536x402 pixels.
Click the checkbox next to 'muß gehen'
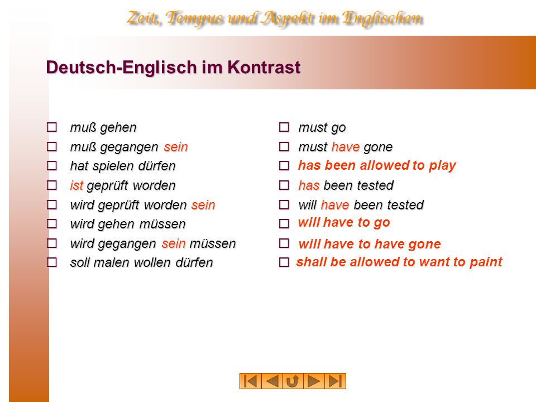pos(51,127)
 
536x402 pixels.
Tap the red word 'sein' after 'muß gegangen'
pos(176,147)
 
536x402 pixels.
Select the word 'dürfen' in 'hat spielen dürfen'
pos(156,166)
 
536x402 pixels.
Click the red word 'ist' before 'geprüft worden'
pos(76,185)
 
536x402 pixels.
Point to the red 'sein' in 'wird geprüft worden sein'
pos(203,205)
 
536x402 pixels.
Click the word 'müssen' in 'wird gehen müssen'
pos(162,224)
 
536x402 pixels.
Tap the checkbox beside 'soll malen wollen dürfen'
pos(51,262)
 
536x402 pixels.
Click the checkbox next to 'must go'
pos(284,127)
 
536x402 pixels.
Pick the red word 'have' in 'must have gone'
pos(345,147)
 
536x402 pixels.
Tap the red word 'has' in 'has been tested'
pos(309,185)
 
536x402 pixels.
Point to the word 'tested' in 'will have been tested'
pos(405,205)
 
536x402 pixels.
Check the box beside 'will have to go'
pos(284,223)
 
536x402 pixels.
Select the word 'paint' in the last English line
pos(486,262)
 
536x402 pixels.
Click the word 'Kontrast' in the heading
pos(264,67)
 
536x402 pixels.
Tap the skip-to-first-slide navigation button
pos(251,381)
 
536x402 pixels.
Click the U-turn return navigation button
pos(293,381)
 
